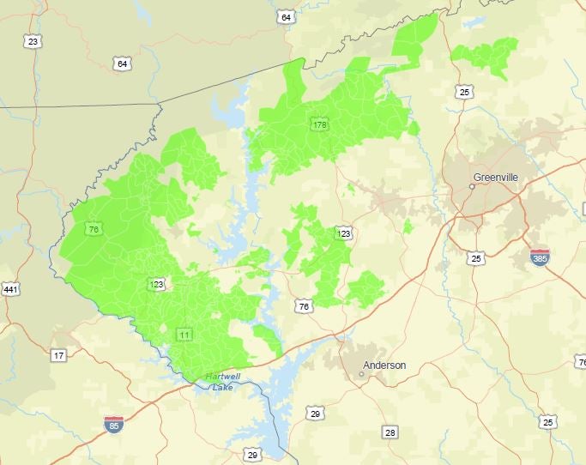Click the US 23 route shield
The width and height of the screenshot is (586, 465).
click(x=33, y=41)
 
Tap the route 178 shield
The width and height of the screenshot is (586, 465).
click(x=320, y=125)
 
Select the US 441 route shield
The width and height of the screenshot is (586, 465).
click(x=10, y=290)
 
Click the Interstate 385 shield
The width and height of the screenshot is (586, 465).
click(x=539, y=257)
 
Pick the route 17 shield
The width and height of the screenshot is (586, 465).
click(x=58, y=355)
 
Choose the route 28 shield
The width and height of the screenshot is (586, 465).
click(x=390, y=432)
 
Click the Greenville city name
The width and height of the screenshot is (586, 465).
click(x=496, y=178)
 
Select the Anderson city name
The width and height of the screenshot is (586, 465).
click(x=384, y=365)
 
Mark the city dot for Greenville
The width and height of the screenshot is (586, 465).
click(x=471, y=185)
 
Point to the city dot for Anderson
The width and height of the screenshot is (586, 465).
click(x=361, y=373)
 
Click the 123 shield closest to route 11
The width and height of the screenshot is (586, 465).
click(x=157, y=284)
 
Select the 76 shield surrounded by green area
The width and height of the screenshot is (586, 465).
click(x=93, y=229)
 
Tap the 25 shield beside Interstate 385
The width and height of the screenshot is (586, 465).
click(x=475, y=257)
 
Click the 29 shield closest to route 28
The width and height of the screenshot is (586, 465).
click(x=315, y=414)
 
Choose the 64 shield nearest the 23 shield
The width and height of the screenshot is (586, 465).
click(x=122, y=63)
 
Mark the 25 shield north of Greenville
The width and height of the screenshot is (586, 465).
click(x=464, y=92)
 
